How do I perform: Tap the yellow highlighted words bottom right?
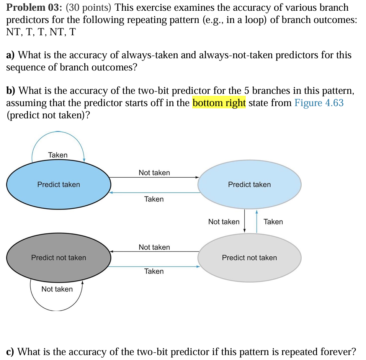(x=219, y=103)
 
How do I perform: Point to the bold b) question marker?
(x=11, y=91)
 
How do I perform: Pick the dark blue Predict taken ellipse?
(x=59, y=185)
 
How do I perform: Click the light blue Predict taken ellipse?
(x=249, y=185)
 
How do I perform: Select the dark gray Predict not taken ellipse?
(x=59, y=258)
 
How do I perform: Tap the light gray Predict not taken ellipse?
(x=249, y=258)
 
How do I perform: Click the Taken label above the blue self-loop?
(x=58, y=155)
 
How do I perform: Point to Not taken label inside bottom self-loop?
(x=57, y=289)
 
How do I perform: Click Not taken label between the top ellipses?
(x=154, y=173)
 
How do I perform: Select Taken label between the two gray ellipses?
(x=154, y=271)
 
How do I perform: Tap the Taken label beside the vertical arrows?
(x=273, y=222)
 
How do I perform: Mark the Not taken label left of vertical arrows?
(x=224, y=222)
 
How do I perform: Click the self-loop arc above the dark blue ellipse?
(x=57, y=132)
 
